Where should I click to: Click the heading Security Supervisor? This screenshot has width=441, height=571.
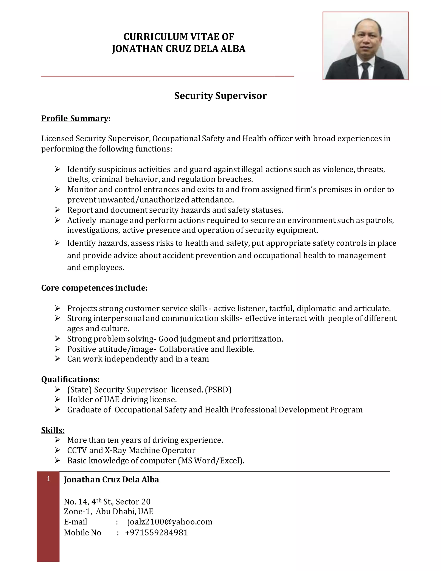coord(220,96)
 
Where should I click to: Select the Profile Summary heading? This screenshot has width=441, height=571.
coord(75,119)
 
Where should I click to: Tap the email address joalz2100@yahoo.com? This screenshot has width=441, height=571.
coord(170,522)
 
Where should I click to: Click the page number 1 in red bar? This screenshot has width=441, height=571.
coord(48,479)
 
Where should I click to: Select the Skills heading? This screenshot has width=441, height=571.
coord(53,430)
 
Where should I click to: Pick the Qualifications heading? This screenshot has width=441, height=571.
coord(70,379)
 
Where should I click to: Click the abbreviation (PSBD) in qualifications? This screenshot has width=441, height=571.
coord(218,390)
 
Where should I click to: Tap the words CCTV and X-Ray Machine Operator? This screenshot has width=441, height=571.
coord(131,450)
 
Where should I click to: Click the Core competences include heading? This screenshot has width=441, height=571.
coord(94,288)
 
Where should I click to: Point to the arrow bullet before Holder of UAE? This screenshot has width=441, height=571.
coord(57,399)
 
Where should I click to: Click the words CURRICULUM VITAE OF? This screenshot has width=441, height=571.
coord(179,37)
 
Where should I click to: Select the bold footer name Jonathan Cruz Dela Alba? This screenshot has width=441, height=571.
coord(111,479)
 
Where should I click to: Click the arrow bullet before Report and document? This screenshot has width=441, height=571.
coord(57,210)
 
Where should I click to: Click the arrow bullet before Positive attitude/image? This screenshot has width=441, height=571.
coord(57,349)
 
